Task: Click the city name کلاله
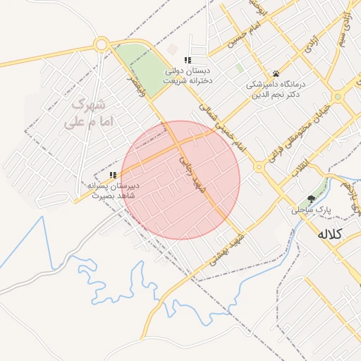tap(329, 233)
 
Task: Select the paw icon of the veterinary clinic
tap(276, 74)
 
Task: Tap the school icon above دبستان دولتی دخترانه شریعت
tap(188, 60)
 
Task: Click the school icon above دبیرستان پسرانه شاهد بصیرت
tap(113, 175)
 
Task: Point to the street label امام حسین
tap(243, 34)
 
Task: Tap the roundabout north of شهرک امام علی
tap(101, 44)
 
